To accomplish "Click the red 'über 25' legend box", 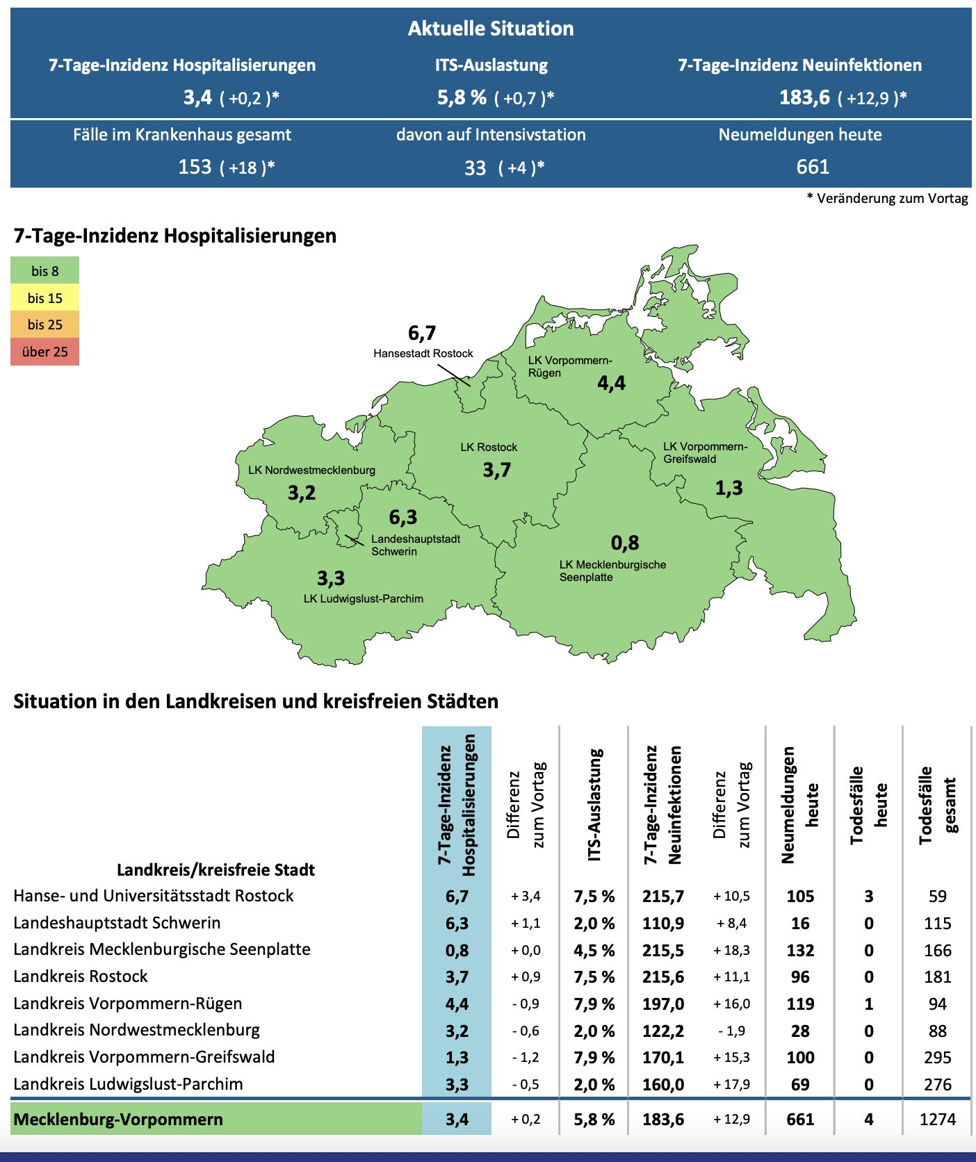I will pos(44,352).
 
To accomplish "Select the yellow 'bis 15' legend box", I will pos(44,298).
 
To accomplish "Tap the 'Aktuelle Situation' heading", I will pos(491,28).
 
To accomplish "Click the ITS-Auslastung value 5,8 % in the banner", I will pos(462,97).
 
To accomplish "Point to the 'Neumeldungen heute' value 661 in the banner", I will pos(813,167).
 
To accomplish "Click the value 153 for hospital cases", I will pos(195,167).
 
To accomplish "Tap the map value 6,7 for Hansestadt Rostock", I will pos(422,334).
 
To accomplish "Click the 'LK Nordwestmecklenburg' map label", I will pos(311,470).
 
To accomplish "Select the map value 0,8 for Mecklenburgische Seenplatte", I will pos(625,543).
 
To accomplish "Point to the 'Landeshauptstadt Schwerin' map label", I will pos(415,545).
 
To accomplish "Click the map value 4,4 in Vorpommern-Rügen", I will pos(611,383).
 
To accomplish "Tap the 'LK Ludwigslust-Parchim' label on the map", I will pos(363,599).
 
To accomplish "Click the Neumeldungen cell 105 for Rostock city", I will pos(800,897).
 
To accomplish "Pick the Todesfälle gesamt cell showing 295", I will pos(937,1058).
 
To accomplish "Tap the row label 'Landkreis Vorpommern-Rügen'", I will pos(128,1004).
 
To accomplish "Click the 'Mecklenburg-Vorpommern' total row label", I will pos(118,1120).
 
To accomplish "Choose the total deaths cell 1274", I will pos(937,1120).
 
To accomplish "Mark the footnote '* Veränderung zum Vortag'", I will pos(887,199).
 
